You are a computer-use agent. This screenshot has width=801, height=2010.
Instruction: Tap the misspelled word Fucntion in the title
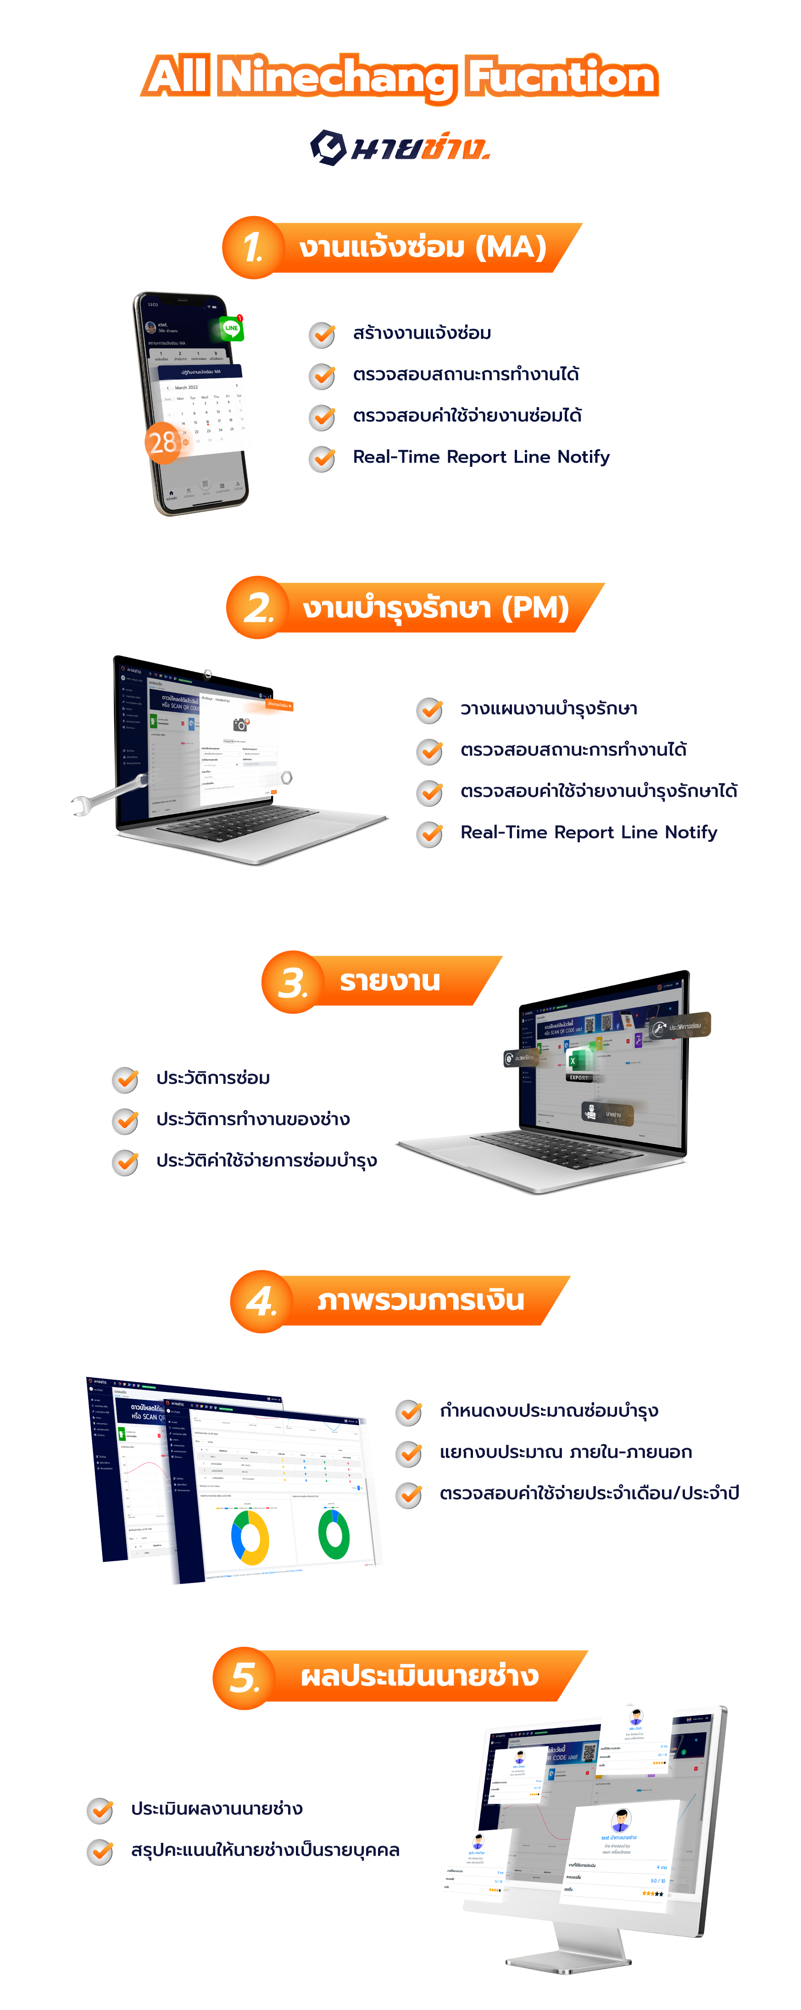point(562,77)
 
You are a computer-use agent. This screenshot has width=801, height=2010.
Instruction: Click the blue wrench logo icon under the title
point(328,147)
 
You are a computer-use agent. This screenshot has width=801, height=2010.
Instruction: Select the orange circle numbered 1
point(252,247)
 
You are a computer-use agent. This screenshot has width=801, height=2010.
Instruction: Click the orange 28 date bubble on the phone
point(163,442)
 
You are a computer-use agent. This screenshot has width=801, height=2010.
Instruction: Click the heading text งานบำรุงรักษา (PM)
point(435,608)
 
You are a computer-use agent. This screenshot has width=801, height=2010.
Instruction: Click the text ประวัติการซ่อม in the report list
point(213,1078)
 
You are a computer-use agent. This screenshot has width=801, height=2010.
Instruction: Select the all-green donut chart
point(334,1534)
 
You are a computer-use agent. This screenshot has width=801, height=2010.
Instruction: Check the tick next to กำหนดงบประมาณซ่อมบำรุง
point(408,1412)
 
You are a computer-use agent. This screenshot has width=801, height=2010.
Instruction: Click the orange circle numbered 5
point(243,1678)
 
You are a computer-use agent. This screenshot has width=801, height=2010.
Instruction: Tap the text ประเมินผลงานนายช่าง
point(217,1808)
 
